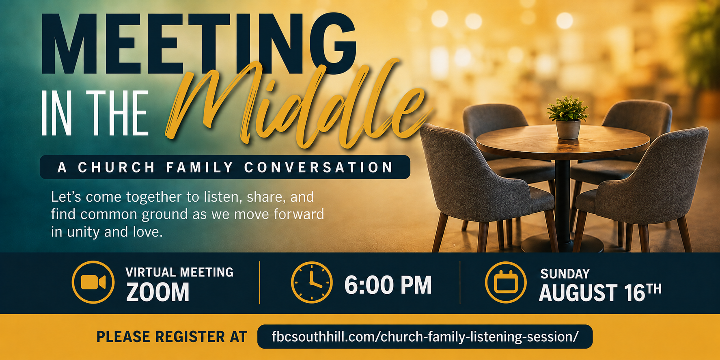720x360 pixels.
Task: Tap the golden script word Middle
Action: coord(298,106)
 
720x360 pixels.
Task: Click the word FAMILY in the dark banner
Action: coord(200,167)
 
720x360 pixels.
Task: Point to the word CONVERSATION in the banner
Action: coord(319,167)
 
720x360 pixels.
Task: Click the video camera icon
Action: coord(93,282)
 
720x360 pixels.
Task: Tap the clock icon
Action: coord(312,282)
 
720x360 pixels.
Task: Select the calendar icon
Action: coord(506,282)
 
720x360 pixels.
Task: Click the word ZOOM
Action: coord(157,292)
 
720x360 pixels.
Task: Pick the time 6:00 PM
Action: coord(388,285)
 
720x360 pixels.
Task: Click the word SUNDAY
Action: coord(565,274)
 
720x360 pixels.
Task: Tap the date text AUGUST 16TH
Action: coord(600,293)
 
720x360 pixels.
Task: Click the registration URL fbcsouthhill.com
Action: coord(425,336)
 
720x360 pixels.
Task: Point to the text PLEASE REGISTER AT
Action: coord(171,337)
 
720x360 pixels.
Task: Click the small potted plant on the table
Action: coord(568,117)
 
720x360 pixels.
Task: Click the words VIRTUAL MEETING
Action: coord(179,272)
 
